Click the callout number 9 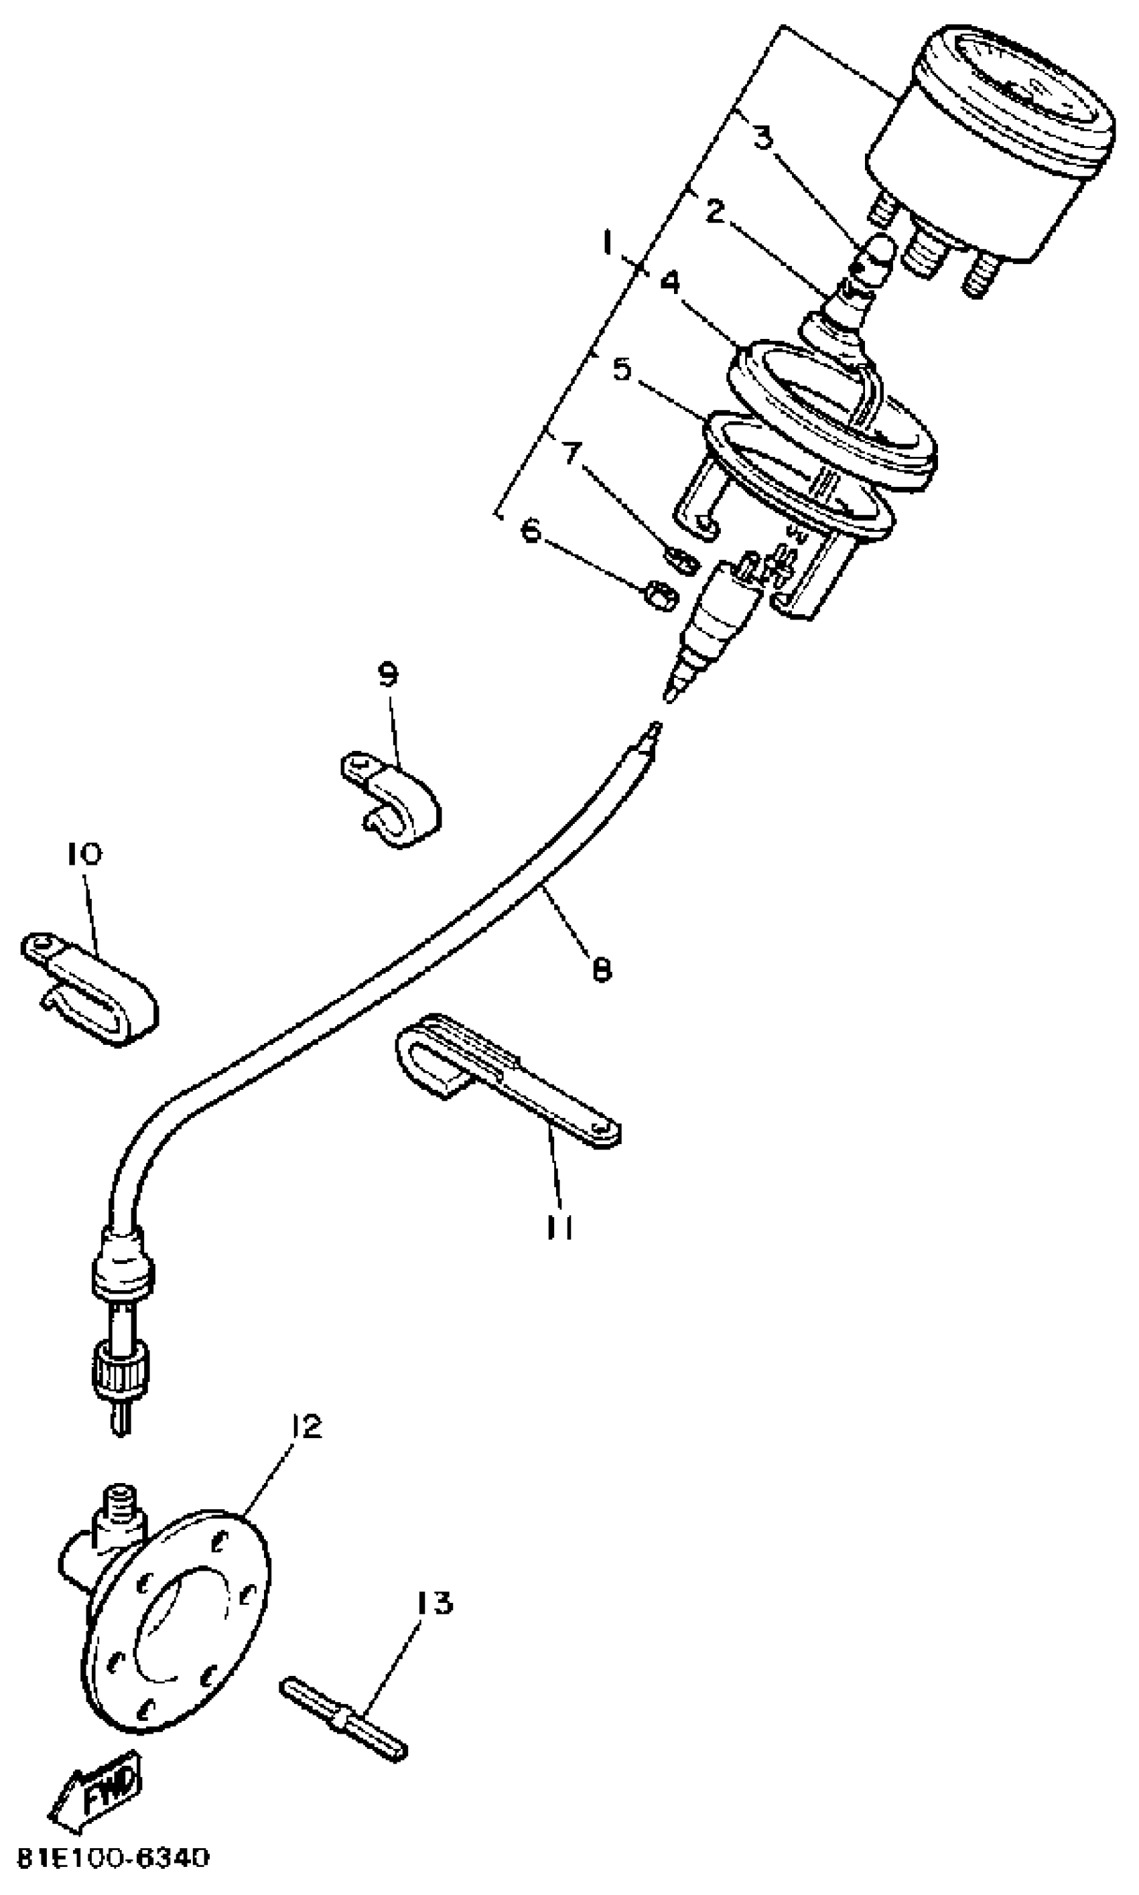pyautogui.click(x=389, y=675)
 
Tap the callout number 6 pyautogui.click(x=532, y=529)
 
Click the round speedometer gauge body pyautogui.click(x=990, y=146)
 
